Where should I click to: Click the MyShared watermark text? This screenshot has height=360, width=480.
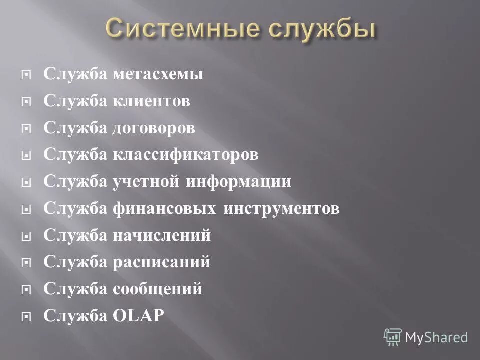pos(436,337)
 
